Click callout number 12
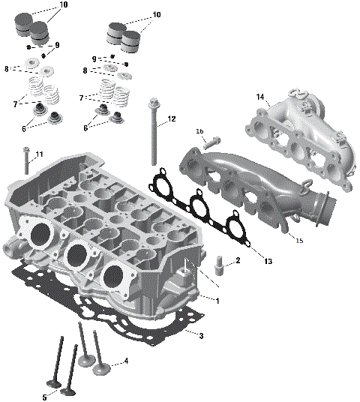(172, 118)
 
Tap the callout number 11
(39, 154)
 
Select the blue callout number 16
(199, 131)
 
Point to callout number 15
(299, 241)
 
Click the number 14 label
(260, 97)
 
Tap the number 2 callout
(237, 261)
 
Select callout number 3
(200, 335)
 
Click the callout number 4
(126, 361)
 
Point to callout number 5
(44, 397)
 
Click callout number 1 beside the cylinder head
(217, 301)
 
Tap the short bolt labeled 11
(26, 161)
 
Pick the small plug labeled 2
(220, 263)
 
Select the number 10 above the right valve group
(157, 15)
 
